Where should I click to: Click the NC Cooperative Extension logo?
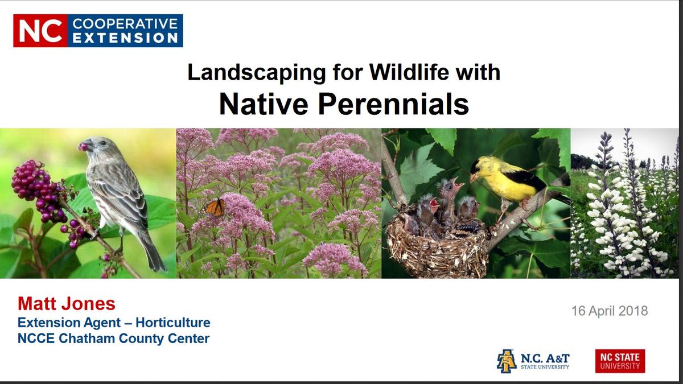[x=98, y=31]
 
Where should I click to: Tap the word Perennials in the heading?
[x=396, y=104]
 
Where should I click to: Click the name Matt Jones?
[x=67, y=303]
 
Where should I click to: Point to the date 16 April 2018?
[x=610, y=311]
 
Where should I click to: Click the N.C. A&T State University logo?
[x=533, y=361]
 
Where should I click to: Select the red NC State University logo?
[x=620, y=361]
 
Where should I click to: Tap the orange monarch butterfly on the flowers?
[x=215, y=207]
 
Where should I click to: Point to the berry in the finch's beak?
[x=84, y=147]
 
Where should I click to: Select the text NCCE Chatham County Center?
[x=113, y=339]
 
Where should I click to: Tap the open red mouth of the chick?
[x=434, y=203]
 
